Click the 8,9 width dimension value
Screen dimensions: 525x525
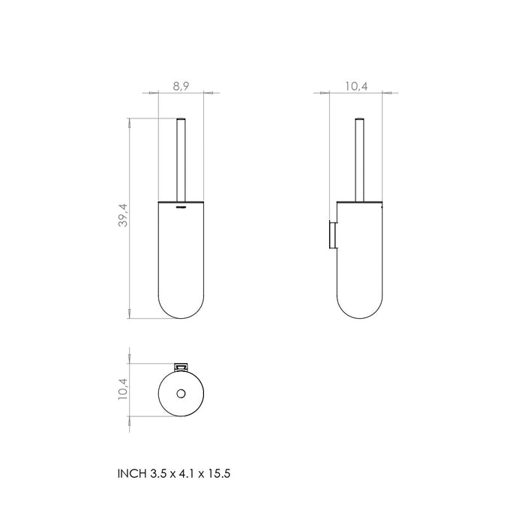click(x=180, y=87)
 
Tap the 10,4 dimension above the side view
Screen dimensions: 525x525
click(x=356, y=87)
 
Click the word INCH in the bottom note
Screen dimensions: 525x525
click(x=129, y=474)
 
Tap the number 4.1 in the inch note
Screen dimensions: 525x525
click(x=189, y=474)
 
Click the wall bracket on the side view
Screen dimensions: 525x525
click(x=327, y=233)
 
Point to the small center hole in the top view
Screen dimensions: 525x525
click(x=180, y=394)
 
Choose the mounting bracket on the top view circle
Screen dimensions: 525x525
click(x=180, y=366)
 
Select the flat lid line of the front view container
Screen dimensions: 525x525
click(x=180, y=202)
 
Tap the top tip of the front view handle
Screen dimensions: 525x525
click(x=180, y=118)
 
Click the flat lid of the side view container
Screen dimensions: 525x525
click(x=358, y=202)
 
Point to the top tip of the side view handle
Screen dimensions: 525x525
click(x=358, y=118)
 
